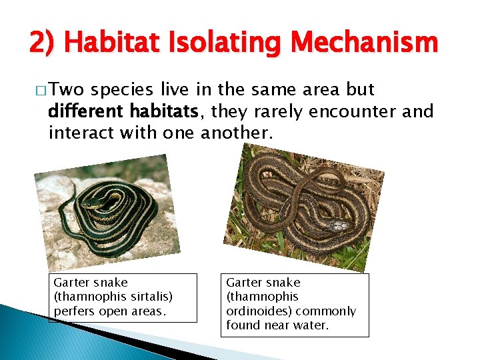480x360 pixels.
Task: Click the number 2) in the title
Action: (42, 44)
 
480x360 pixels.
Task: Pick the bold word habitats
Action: (172, 111)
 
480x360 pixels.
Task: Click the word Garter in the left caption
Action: (70, 283)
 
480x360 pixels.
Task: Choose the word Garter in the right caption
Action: (243, 283)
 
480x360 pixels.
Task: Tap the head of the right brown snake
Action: (339, 226)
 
